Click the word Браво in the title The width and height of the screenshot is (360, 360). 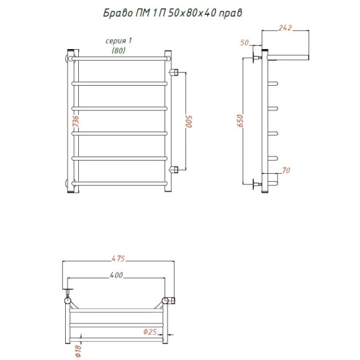[118, 13]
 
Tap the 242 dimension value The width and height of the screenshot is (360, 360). [285, 28]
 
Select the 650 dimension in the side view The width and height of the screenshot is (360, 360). [240, 121]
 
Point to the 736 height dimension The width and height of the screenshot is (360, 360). [76, 121]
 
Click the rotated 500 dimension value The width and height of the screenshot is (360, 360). [189, 122]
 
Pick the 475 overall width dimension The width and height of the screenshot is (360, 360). [118, 258]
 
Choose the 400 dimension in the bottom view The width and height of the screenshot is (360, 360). [116, 275]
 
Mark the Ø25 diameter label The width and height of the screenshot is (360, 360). [150, 331]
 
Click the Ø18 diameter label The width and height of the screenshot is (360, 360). [78, 351]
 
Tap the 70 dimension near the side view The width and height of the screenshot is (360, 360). [286, 170]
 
